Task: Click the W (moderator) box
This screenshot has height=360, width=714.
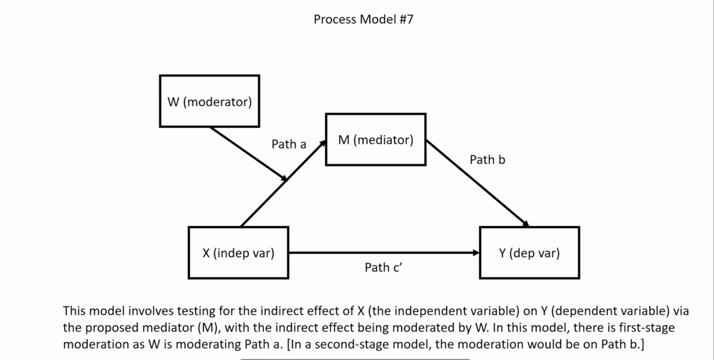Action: (x=209, y=101)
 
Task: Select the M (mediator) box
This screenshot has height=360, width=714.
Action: (x=375, y=139)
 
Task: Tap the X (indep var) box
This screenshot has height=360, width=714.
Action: (x=238, y=253)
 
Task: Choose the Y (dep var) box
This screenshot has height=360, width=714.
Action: (x=529, y=253)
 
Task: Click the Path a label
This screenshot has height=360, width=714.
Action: (x=289, y=144)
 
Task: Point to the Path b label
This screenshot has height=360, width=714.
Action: (x=487, y=160)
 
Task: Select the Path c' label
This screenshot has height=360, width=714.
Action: (x=383, y=267)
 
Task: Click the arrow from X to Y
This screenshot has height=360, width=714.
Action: (x=382, y=253)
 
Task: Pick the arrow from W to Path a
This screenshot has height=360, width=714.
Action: (x=248, y=153)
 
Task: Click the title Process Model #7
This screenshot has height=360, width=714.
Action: (x=363, y=19)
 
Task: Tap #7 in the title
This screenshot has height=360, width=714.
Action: (x=405, y=19)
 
